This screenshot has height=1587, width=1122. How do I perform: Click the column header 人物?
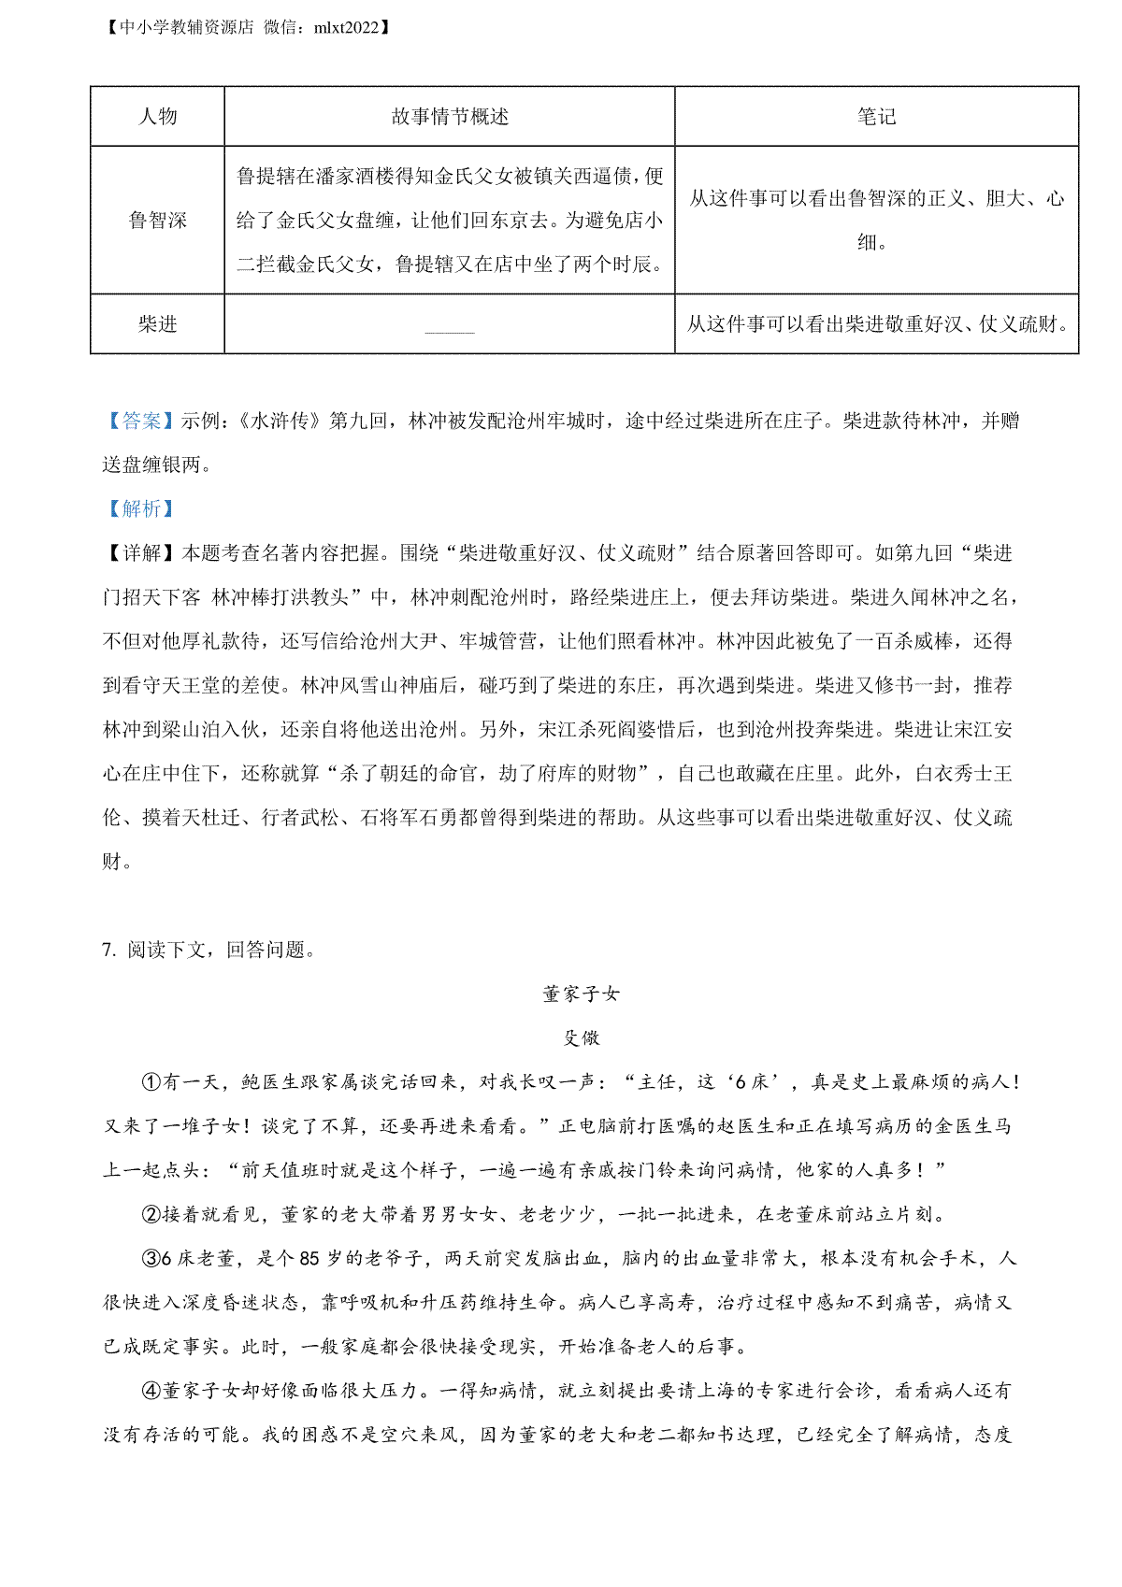point(157,117)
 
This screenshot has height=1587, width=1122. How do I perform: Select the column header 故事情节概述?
point(450,117)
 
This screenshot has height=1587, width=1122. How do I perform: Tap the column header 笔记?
point(876,117)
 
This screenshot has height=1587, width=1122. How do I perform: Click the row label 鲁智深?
point(157,221)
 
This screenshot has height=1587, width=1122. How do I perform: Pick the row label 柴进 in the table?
point(157,324)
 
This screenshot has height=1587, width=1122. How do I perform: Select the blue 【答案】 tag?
point(141,422)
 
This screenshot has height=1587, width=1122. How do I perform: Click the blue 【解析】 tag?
point(141,509)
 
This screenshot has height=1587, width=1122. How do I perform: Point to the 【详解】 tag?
point(141,553)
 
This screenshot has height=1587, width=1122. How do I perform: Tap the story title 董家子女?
point(581,994)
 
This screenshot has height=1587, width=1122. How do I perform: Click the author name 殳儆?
point(582,1038)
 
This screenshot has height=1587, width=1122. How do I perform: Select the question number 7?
point(108,951)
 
